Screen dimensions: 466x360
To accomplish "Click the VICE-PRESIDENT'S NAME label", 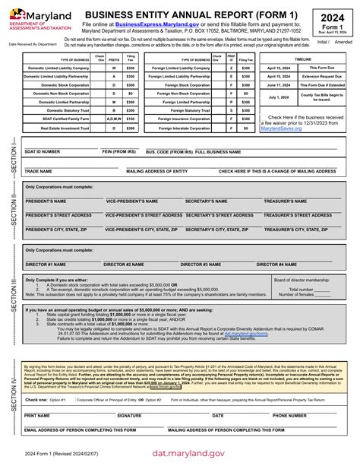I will click(131, 201).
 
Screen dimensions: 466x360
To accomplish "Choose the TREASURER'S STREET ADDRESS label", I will click(302, 215).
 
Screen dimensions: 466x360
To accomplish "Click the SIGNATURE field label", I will click(129, 416).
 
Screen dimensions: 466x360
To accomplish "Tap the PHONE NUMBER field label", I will click(289, 416).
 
